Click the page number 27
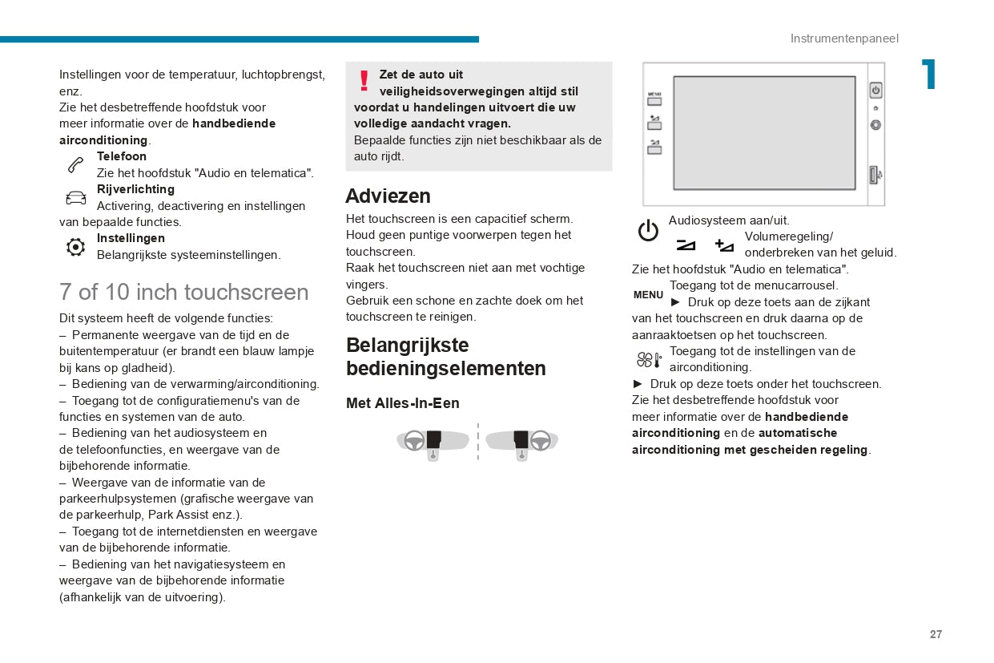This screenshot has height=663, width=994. pos(936,634)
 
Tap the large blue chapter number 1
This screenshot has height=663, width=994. pos(928,75)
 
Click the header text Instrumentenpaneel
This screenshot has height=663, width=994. pos(844,38)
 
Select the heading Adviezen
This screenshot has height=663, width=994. pos(388,196)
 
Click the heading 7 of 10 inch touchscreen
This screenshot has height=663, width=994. pos(183,292)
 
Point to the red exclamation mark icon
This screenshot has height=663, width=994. pos(364,81)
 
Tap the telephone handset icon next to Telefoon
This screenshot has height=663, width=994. pos(75,165)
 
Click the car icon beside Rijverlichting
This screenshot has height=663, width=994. pos(75,198)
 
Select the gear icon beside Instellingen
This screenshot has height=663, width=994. pos(75,247)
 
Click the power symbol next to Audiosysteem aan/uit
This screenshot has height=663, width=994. pos(648,232)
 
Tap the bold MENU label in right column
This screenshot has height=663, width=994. pos(648,295)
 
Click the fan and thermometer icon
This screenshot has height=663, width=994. pos(649,360)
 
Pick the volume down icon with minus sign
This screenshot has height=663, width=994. pos(686,245)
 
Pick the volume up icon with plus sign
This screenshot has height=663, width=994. pos(724,245)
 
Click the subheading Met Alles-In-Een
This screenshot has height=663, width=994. pos(402,403)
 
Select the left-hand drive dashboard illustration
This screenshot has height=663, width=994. pos(433,442)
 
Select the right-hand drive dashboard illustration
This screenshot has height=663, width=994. pos(522,442)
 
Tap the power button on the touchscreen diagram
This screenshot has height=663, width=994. pos(875,91)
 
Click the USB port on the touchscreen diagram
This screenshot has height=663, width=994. pos(875,174)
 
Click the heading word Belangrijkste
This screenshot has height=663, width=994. pos(407,346)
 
